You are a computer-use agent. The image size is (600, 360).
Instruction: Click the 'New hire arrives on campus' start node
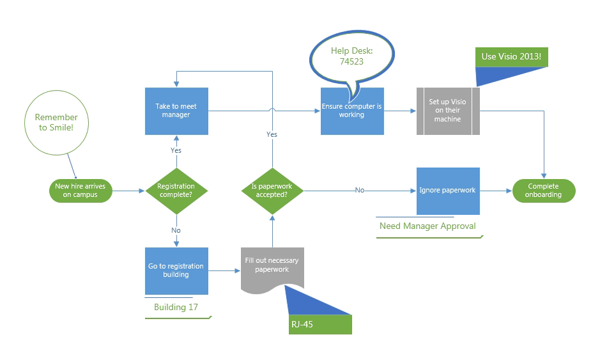click(x=81, y=190)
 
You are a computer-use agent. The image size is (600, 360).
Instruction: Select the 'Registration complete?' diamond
click(x=176, y=190)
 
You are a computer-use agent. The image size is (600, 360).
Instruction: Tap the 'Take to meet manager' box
click(x=176, y=111)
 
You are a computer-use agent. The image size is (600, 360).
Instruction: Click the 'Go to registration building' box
click(x=176, y=270)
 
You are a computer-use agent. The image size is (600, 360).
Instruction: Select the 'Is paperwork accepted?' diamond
click(x=272, y=190)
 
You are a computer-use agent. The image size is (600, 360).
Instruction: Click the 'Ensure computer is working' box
click(x=352, y=111)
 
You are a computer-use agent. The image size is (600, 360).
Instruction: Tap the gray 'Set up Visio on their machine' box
click(x=447, y=111)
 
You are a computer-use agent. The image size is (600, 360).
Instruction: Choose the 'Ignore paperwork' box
click(x=447, y=191)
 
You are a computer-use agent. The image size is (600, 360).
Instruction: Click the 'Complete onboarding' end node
click(x=544, y=191)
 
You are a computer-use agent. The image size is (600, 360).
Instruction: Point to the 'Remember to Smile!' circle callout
click(x=56, y=123)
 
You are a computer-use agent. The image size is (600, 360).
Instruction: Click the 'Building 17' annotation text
click(x=176, y=307)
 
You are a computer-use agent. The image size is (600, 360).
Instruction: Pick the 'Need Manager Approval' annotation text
click(x=427, y=226)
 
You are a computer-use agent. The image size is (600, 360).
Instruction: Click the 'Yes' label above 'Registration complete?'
click(x=176, y=150)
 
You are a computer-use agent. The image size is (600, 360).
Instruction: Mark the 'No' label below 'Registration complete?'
click(x=176, y=230)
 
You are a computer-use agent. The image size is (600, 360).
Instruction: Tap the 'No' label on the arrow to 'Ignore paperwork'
click(x=360, y=190)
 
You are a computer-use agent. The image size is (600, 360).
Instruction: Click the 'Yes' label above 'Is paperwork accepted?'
click(x=272, y=134)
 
